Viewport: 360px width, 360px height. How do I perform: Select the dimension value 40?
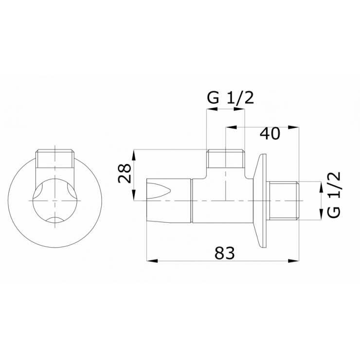click(270, 133)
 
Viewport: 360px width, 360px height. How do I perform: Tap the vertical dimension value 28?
click(124, 173)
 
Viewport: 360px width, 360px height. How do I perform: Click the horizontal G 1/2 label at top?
click(230, 98)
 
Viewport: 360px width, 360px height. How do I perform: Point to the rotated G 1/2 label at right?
click(333, 195)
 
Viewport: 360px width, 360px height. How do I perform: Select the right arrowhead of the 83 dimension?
click(294, 261)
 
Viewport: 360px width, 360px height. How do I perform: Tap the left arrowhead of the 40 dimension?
click(231, 127)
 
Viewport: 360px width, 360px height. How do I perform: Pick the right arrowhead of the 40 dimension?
click(294, 127)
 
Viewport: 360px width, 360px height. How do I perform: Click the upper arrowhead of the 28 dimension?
click(134, 155)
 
